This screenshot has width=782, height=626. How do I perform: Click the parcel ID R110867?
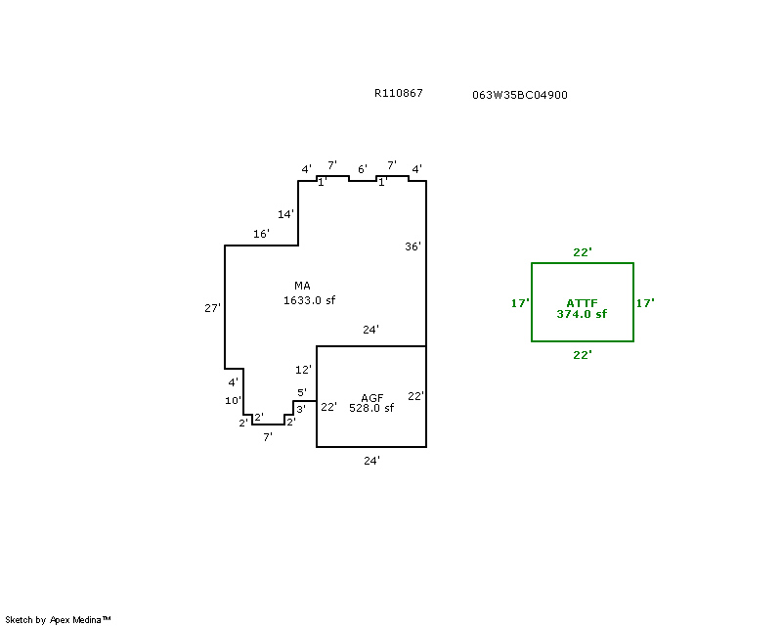point(398,94)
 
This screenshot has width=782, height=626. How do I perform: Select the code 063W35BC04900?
point(519,95)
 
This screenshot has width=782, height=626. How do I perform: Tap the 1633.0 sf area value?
point(309,300)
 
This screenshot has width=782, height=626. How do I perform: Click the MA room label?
point(302,286)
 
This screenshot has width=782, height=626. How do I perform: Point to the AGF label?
point(371,397)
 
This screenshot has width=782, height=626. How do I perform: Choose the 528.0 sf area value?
point(371,409)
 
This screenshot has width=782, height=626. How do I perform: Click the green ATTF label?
point(582,303)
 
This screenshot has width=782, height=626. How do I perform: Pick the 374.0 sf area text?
point(582,314)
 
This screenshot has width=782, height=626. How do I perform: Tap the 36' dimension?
point(413,246)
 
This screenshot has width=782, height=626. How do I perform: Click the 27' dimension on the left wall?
point(212,308)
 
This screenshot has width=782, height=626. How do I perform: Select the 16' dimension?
point(261,234)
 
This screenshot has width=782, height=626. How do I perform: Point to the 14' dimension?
point(285,213)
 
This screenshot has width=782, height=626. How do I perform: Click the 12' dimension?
point(303,370)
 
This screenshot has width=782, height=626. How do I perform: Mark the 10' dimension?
point(233,401)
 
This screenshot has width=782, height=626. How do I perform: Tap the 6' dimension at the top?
point(362,169)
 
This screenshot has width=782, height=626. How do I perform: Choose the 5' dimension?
point(302,392)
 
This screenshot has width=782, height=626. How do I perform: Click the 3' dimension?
point(301,408)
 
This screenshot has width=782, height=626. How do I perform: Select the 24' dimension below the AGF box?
point(371,460)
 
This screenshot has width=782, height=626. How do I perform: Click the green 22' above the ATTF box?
point(583,252)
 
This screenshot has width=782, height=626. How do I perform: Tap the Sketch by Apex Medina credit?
point(58,619)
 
